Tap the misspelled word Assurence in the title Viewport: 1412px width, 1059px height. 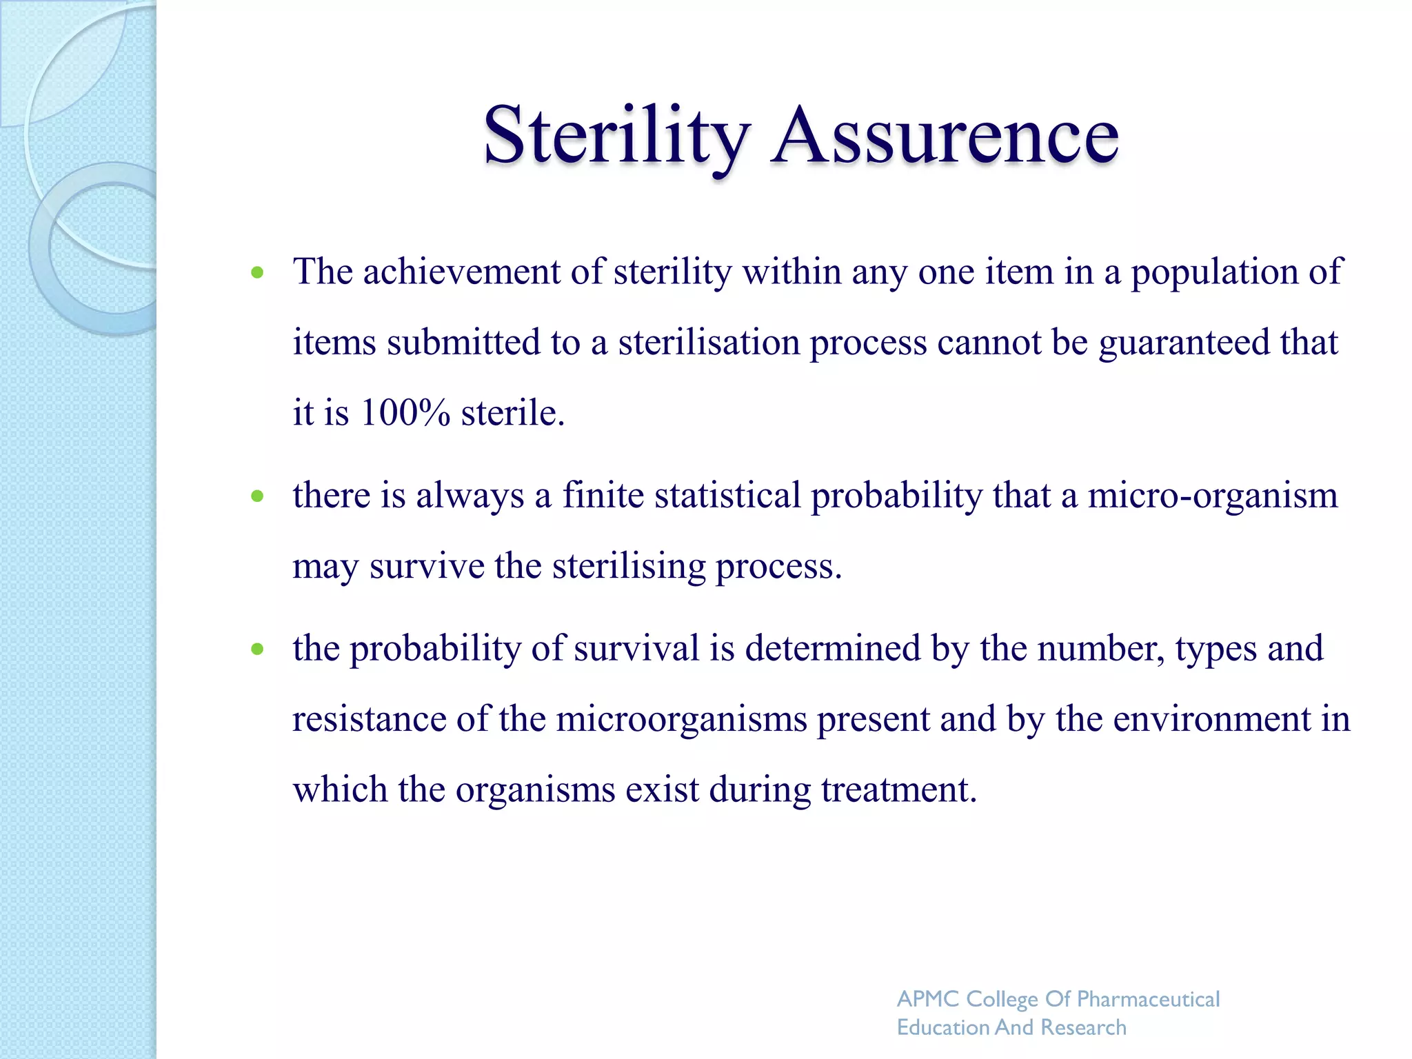point(945,135)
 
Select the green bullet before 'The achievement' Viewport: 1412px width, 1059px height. point(258,272)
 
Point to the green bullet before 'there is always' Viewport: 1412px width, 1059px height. point(258,496)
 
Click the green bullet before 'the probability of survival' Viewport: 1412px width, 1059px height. point(258,649)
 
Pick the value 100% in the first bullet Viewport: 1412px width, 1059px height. point(405,413)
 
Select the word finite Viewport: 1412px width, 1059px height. point(603,496)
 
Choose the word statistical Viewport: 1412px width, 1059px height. point(727,496)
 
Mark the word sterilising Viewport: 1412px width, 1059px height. point(629,567)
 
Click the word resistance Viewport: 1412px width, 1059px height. point(369,719)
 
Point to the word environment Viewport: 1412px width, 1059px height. point(1211,719)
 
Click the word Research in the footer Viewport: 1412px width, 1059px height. point(1083,1027)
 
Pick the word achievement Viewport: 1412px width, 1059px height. point(461,272)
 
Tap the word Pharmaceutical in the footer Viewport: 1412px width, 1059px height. point(1148,999)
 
